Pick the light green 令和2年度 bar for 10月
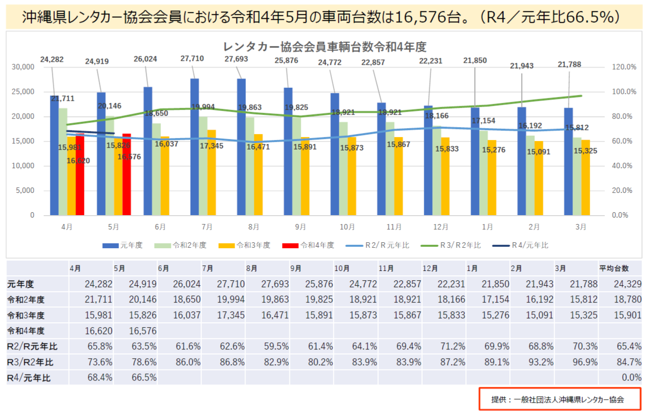tap(343, 168)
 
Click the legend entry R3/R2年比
tap(451, 245)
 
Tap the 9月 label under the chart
tap(300, 227)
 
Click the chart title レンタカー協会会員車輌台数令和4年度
tap(324, 47)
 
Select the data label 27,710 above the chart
tap(192, 58)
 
